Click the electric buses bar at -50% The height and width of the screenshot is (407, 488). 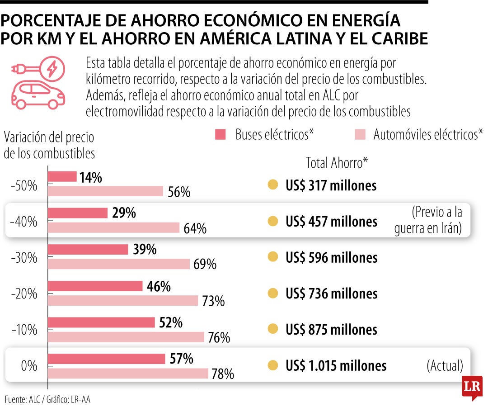click(62, 176)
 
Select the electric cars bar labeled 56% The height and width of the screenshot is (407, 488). click(105, 191)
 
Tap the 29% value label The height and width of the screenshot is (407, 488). click(124, 213)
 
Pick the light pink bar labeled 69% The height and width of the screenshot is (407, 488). click(118, 264)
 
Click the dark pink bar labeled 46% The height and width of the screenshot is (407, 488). click(95, 286)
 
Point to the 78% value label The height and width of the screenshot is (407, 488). click(223, 374)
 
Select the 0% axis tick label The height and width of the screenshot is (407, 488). click(29, 366)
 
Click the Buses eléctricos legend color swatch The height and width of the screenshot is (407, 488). click(220, 134)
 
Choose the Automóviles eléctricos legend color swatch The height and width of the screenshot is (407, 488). click(359, 134)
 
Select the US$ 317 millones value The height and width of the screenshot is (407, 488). click(331, 185)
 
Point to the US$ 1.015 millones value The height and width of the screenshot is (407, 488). click(336, 365)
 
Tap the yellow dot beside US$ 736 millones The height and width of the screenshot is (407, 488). click(272, 293)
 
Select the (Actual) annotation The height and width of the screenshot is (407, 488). click(445, 366)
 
